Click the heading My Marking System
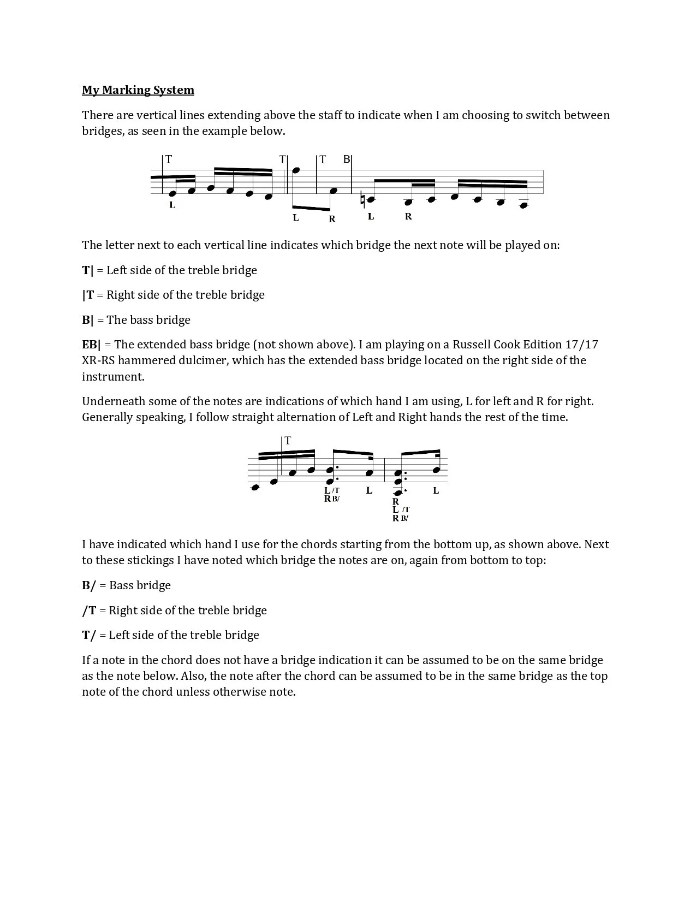(138, 90)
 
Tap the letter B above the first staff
(346, 159)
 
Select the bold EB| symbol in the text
(91, 345)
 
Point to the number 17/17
(581, 345)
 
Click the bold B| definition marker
(88, 320)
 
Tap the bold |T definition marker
(88, 295)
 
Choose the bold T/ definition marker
(89, 635)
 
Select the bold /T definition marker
(89, 610)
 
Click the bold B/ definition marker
(89, 585)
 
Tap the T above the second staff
(288, 440)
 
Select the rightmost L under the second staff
(436, 490)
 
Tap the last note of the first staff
(524, 205)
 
